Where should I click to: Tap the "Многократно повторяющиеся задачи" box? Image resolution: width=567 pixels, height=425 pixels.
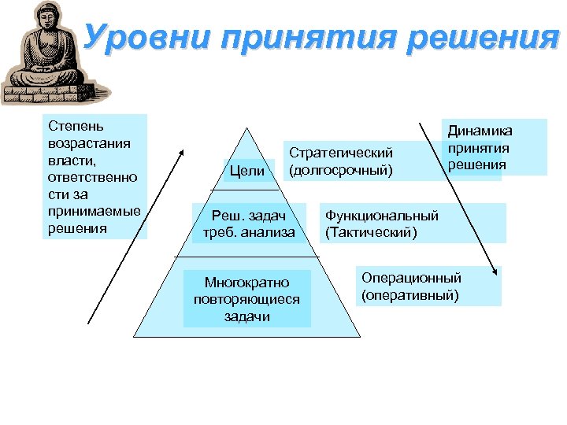pos(247,299)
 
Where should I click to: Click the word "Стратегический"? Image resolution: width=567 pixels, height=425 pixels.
pos(341,153)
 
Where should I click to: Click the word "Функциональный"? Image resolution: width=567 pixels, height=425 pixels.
pos(381,216)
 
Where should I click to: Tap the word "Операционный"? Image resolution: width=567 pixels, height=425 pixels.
pos(411,278)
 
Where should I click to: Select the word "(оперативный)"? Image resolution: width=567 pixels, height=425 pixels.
pos(409,295)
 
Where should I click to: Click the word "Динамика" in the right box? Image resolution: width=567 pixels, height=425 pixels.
pos(480,131)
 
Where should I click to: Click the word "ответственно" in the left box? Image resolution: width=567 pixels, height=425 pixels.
pos(92,177)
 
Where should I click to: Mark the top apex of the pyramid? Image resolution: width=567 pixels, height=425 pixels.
pos(246,128)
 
